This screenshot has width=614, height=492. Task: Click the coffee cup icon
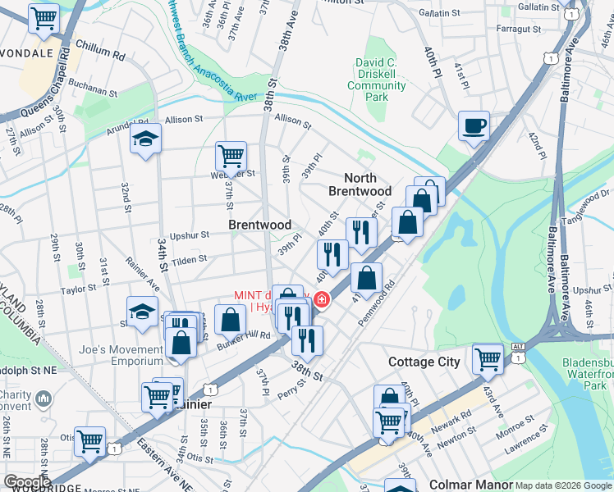474,126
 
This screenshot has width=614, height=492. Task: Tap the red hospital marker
321,300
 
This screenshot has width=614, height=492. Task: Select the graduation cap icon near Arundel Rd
145,139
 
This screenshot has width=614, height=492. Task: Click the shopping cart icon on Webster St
231,155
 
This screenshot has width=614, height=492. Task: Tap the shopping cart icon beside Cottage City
488,358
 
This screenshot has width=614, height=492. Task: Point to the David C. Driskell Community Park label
377,80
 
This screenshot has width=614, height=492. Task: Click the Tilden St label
188,259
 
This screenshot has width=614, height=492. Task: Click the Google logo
27,482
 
